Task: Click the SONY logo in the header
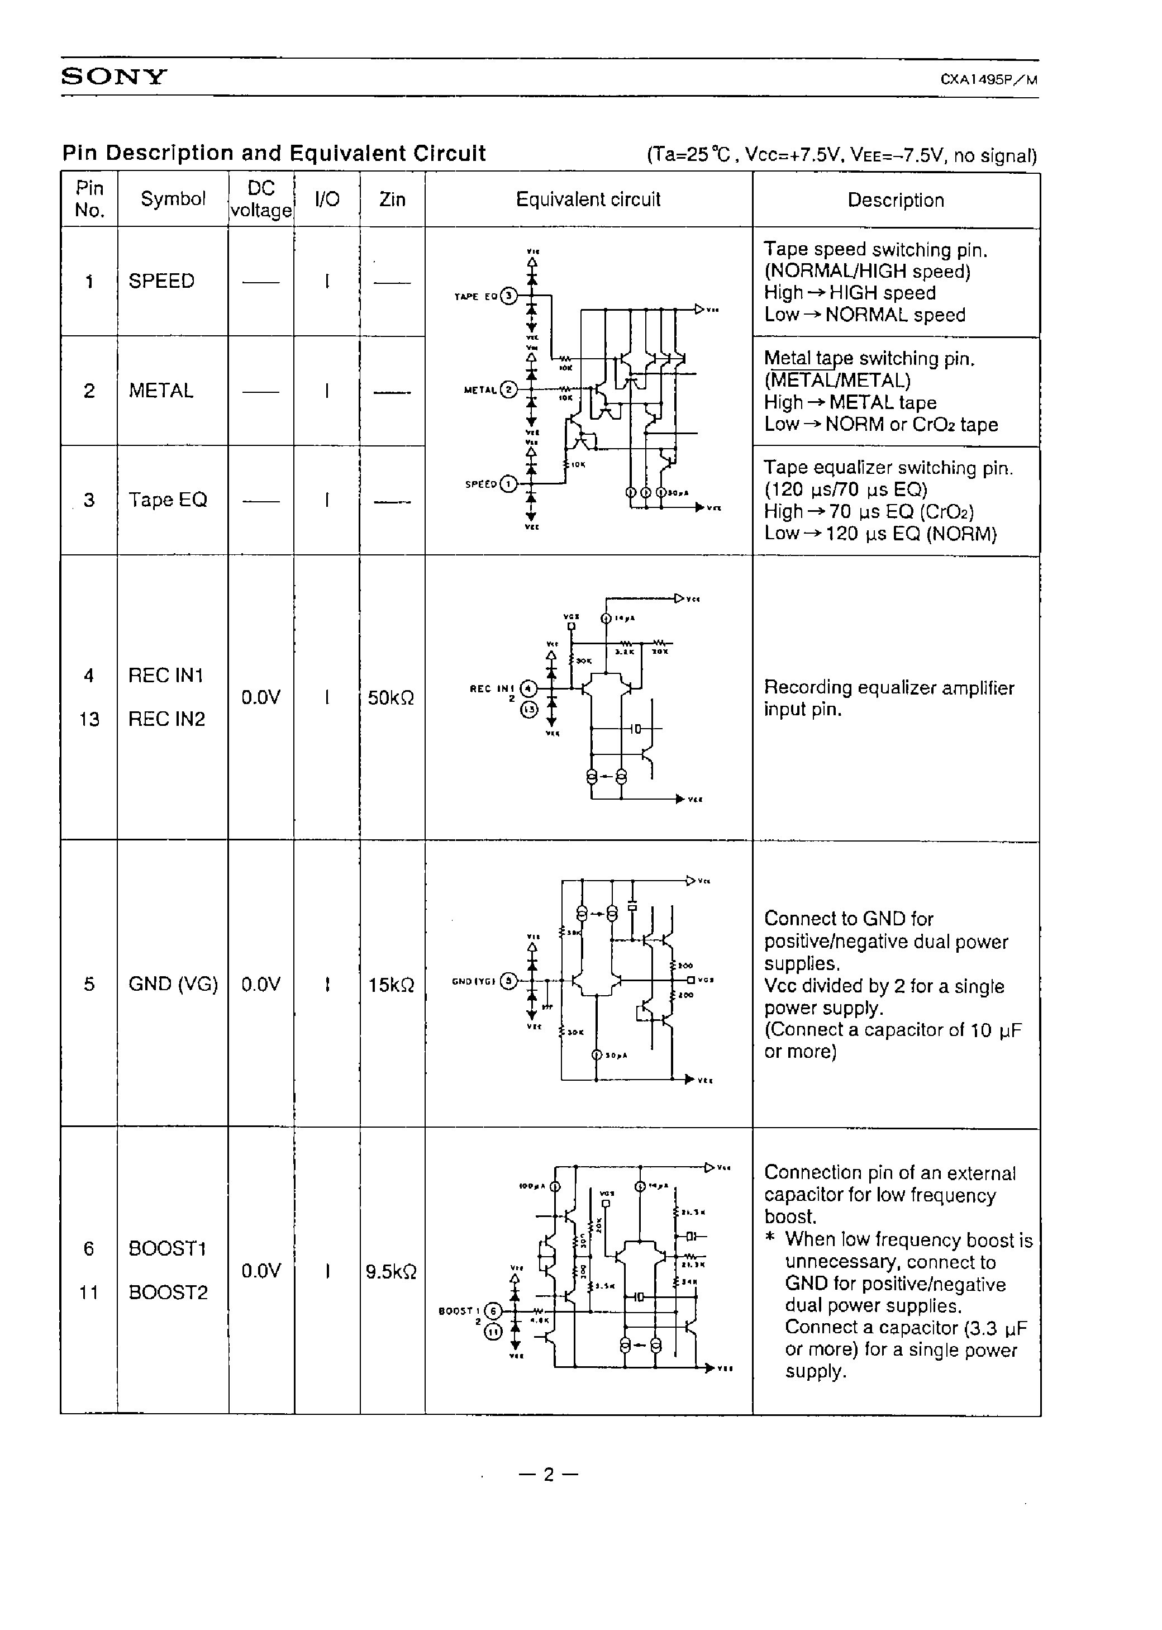(114, 77)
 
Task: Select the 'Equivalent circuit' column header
(588, 199)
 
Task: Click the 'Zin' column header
(392, 199)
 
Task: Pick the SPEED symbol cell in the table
(161, 281)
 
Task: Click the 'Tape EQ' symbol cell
(168, 500)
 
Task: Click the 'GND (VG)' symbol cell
(173, 985)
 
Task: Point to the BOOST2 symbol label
(168, 1292)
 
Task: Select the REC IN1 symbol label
(166, 676)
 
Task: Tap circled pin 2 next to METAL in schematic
(509, 390)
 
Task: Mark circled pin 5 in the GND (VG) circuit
(508, 981)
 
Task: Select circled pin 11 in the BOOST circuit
(494, 1331)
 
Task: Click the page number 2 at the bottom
(549, 1475)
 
